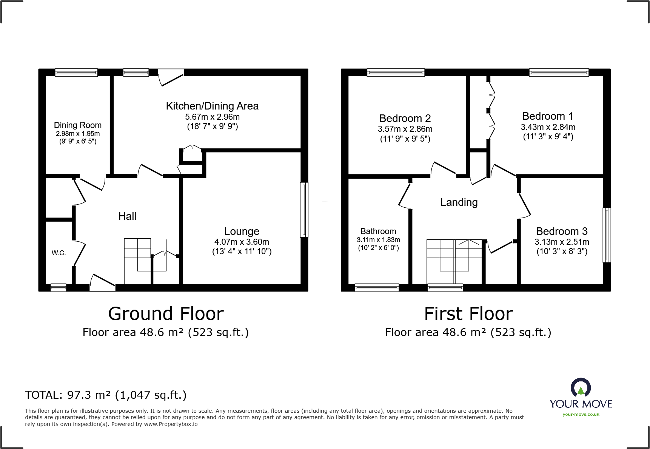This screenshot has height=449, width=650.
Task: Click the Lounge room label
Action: coord(242,231)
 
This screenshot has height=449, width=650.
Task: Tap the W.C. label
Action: coord(59,253)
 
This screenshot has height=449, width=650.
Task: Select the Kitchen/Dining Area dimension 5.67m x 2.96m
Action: coord(212,117)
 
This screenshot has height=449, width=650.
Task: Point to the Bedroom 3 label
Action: coord(562,231)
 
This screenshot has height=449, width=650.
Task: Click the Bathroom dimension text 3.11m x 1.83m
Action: coord(378,240)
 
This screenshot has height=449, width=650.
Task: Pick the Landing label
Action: coord(459,202)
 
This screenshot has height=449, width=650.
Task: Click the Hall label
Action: coord(127,216)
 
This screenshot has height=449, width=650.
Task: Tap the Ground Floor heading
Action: coord(166,314)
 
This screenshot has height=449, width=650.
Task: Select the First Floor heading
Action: coord(468,314)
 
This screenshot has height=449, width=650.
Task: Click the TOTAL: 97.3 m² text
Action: coord(106,395)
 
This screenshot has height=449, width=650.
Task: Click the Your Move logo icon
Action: coord(581,388)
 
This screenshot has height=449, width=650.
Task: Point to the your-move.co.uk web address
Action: coord(581,414)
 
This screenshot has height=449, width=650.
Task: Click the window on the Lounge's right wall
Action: coord(304,210)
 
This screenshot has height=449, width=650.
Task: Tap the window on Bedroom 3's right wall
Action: coord(607,235)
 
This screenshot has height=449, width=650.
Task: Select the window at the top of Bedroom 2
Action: coord(396,72)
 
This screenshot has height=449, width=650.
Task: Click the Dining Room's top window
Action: coord(76,72)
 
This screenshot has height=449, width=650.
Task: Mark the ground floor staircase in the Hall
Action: coord(138,261)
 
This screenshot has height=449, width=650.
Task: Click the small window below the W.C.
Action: coord(59,288)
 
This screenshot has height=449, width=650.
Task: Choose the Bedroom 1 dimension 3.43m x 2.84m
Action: coord(548,127)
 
